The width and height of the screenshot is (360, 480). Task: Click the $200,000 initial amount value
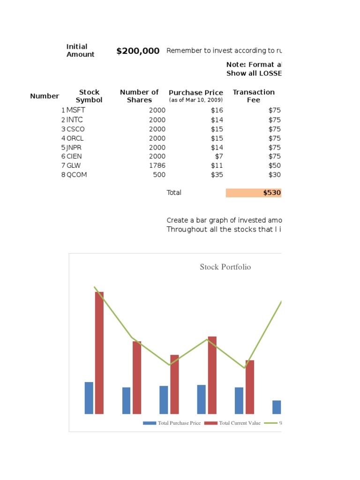(x=138, y=51)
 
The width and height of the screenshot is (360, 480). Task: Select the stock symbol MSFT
(x=76, y=110)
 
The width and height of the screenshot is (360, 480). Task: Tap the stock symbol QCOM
(x=77, y=175)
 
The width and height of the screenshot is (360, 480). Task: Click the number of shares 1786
(x=157, y=165)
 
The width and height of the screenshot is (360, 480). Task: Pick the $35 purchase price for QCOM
(x=217, y=175)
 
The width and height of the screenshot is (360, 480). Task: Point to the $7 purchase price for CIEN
(x=219, y=156)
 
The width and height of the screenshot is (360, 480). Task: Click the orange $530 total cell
(x=254, y=193)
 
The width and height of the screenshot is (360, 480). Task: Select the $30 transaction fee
(x=275, y=175)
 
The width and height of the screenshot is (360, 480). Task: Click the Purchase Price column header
(x=196, y=93)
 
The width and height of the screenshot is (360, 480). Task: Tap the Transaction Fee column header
(x=254, y=96)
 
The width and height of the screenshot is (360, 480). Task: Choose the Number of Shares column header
(x=139, y=96)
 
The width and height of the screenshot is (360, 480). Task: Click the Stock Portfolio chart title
(x=225, y=267)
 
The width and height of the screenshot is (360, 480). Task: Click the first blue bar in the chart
(x=89, y=398)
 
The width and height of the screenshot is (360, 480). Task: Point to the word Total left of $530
(x=174, y=193)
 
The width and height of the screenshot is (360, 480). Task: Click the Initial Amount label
(x=80, y=51)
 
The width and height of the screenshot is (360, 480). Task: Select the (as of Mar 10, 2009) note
(x=196, y=100)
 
